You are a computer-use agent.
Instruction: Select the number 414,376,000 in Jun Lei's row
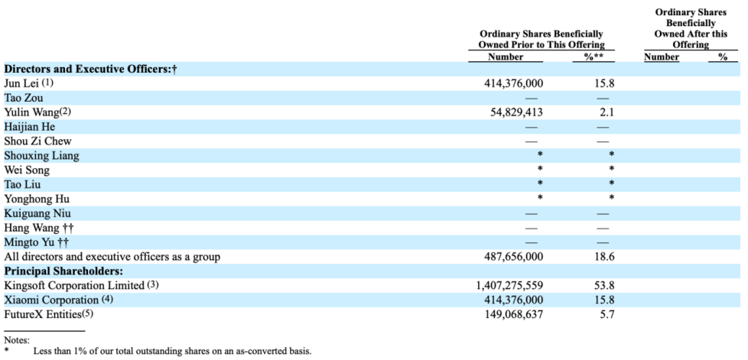pos(513,84)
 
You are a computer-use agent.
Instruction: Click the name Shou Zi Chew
pos(37,141)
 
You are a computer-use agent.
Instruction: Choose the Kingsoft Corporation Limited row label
pos(74,286)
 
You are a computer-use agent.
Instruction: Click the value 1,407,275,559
pos(509,286)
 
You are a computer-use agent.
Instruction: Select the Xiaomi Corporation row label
pos(51,300)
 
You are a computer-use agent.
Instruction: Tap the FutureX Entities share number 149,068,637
pos(513,315)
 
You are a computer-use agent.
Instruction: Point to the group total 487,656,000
pos(513,257)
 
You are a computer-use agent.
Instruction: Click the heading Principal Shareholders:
pos(64,271)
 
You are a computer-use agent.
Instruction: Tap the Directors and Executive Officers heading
pos(91,69)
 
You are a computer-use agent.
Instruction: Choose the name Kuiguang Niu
pos(37,213)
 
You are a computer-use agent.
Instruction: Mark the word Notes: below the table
pos(17,340)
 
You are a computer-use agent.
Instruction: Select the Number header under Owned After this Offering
pos(662,57)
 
